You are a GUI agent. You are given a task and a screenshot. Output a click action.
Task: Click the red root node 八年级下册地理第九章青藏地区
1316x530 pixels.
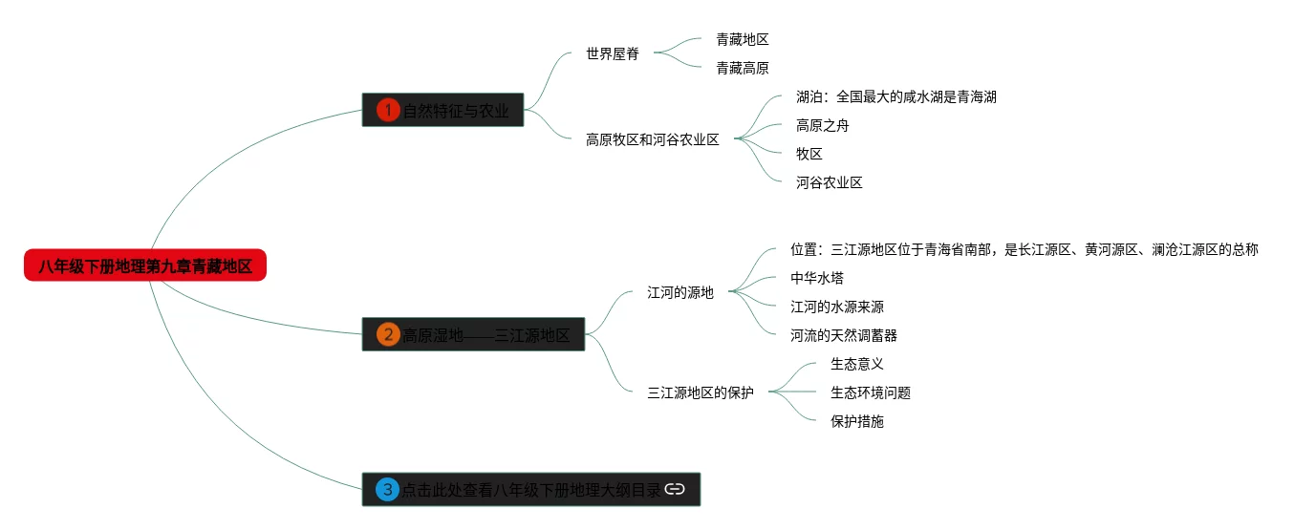point(145,266)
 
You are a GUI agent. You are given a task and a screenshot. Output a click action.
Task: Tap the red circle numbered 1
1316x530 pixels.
point(387,110)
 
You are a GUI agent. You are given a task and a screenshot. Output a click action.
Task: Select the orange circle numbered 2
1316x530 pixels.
point(387,334)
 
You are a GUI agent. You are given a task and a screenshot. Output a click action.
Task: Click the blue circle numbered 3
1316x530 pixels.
point(387,490)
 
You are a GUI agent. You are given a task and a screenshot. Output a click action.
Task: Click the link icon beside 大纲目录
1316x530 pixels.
point(675,490)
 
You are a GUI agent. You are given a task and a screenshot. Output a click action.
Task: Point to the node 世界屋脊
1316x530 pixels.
point(613,54)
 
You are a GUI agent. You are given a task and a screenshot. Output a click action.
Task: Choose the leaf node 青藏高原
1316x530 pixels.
point(743,68)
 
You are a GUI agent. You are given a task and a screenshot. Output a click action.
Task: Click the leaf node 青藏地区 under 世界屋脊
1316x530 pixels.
point(743,39)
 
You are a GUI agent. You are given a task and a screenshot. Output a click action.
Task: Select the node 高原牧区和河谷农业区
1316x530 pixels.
point(653,139)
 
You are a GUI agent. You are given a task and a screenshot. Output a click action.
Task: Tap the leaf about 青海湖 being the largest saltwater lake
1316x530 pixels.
point(895,96)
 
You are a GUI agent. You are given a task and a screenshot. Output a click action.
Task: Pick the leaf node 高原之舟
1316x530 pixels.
point(822,125)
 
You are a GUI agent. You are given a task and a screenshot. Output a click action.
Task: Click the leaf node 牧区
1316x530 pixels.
point(809,154)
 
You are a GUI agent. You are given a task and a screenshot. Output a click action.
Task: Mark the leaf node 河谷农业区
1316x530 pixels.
point(829,182)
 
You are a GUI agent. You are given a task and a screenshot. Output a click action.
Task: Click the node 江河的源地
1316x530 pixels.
point(680,292)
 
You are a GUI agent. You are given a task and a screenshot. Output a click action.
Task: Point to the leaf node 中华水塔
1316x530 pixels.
point(816,278)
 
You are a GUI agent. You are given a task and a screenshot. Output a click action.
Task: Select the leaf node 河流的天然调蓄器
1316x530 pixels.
point(843,335)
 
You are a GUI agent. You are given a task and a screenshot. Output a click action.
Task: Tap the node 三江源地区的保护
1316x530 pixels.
point(701,392)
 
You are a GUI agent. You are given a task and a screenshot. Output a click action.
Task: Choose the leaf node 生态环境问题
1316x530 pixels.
point(870,392)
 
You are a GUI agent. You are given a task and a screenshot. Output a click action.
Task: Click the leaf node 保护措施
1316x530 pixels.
point(856,421)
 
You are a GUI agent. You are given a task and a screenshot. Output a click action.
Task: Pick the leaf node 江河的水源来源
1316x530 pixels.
point(836,307)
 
